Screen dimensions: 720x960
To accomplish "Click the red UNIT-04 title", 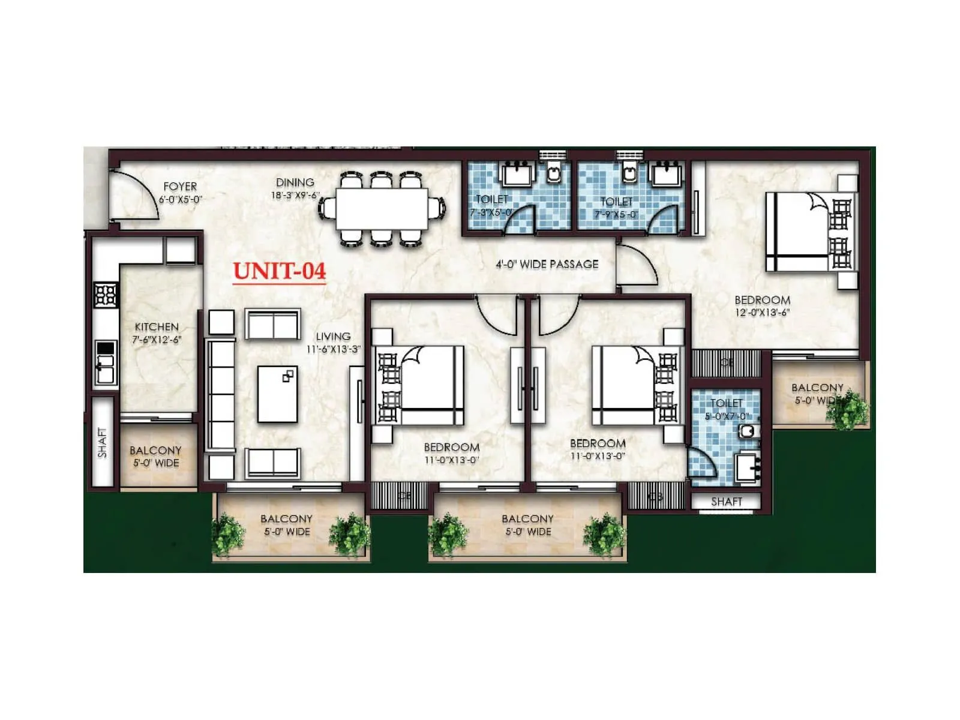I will pos(280,271).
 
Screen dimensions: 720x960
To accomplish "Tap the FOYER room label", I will pos(180,187).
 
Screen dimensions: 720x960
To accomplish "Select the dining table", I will pos(382,208).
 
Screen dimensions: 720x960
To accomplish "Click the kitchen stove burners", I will pos(106,295).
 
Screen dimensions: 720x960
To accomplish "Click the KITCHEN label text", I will pos(157,327).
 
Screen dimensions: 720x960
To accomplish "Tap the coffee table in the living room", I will pos(278,394).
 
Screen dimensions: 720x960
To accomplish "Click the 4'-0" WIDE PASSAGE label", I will pos(547,264).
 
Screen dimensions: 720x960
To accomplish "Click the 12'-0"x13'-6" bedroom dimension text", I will pos(762,313).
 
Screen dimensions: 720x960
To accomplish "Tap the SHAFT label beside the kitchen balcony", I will pos(102,443).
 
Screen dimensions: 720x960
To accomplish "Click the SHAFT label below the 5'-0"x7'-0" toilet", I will pos(726,501).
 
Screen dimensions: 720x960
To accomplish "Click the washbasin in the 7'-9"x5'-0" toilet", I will pos(667,173).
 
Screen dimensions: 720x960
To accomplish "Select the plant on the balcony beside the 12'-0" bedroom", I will pos(847,410).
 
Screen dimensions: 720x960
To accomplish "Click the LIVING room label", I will pos(333,337).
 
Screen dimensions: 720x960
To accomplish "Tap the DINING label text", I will pos(295,182).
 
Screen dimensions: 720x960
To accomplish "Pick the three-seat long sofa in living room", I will pos(221,394).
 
